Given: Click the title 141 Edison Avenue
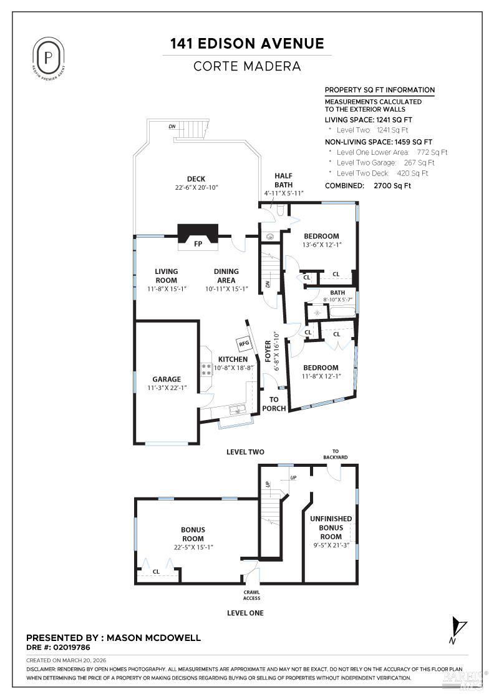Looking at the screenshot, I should point(247,44).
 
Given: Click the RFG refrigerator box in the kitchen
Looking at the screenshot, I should point(242,343).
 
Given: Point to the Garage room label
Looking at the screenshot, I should point(167,379).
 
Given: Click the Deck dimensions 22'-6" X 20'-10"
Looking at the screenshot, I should point(196,188).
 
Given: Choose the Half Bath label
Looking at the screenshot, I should point(283,180).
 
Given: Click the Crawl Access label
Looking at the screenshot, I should point(251,595).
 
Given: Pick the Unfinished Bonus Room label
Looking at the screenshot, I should point(331,527).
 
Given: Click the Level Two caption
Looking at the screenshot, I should point(245,452).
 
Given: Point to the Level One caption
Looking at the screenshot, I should point(245,613).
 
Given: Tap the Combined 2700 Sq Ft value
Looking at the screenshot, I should point(392,185).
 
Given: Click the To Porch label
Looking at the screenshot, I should point(274,404).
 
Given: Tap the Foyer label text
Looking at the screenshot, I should point(268,351).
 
